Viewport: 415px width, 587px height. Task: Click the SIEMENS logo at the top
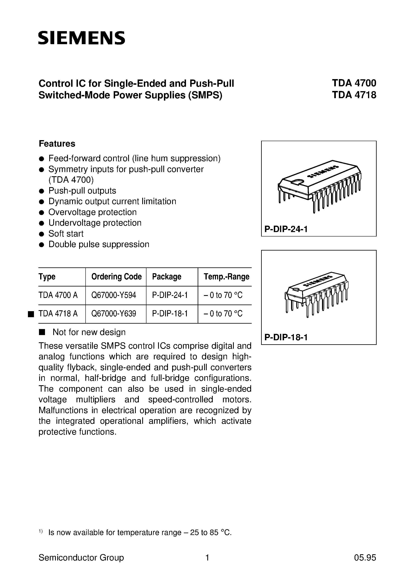(82, 38)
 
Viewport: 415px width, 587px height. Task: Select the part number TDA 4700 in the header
(354, 83)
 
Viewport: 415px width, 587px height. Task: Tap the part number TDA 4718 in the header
(354, 95)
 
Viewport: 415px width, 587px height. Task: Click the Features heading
(57, 144)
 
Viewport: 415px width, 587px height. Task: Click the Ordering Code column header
(117, 277)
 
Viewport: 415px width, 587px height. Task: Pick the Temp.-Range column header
(226, 277)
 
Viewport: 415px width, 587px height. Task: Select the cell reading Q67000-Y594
(114, 295)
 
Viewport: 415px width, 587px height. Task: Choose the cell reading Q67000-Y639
(114, 314)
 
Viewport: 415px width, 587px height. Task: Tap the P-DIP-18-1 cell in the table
(170, 314)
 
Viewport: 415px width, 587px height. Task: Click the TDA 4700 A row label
(58, 295)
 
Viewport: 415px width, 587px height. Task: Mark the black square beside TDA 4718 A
(31, 314)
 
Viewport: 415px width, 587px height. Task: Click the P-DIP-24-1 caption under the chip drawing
(286, 229)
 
